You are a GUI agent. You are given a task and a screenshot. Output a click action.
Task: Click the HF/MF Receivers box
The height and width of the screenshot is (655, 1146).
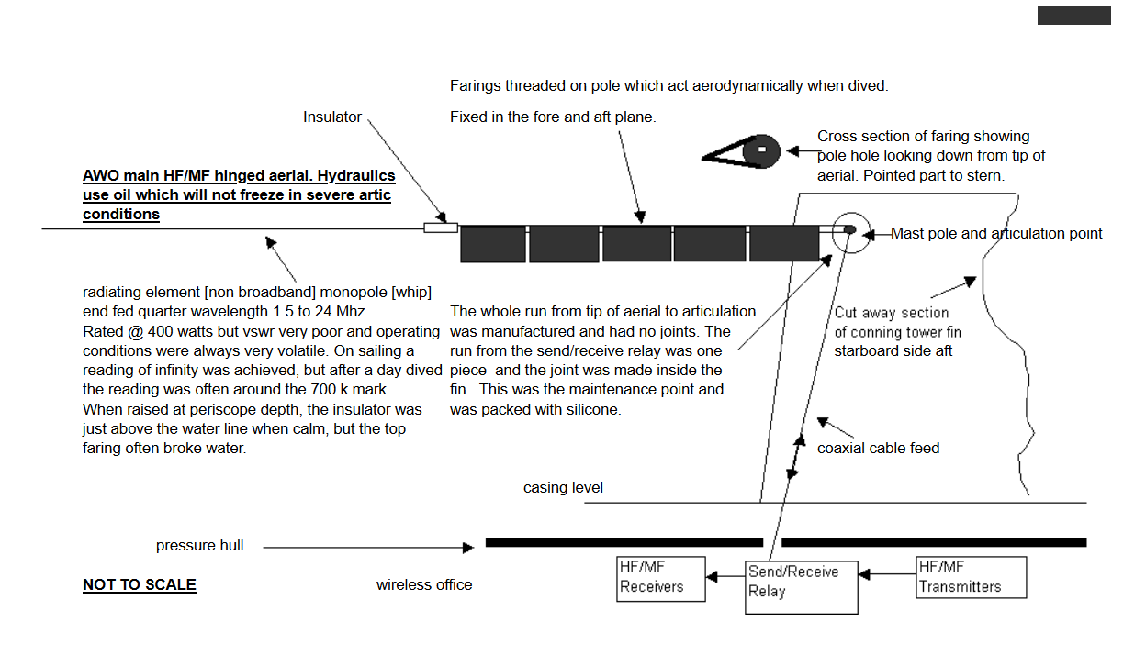(x=661, y=578)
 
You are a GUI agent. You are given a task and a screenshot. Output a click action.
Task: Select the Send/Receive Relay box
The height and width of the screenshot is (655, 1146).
(x=802, y=587)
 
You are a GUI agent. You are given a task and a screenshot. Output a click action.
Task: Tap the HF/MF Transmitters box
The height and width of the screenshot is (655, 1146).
(x=971, y=577)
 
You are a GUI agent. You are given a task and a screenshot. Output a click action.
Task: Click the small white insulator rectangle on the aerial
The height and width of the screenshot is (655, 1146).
(x=441, y=227)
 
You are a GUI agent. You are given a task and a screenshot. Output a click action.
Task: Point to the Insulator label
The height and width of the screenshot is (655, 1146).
(x=332, y=117)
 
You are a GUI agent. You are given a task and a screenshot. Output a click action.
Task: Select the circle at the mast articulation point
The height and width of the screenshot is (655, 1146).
(x=849, y=229)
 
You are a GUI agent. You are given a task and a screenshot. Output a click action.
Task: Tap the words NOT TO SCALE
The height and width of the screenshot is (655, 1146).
(x=140, y=585)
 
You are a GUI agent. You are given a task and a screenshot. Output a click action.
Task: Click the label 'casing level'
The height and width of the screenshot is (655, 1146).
(x=563, y=488)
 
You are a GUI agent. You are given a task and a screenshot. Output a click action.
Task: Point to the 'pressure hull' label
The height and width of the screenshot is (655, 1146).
(x=199, y=546)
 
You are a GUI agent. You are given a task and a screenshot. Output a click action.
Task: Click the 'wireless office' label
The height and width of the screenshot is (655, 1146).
(x=424, y=584)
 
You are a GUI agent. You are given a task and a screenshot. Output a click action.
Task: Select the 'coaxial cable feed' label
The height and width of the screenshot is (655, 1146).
(x=878, y=448)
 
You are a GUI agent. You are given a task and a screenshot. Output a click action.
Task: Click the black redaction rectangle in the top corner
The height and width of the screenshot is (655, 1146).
(x=1073, y=15)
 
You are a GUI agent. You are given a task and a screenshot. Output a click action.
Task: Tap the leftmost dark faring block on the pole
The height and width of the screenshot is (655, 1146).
(x=492, y=244)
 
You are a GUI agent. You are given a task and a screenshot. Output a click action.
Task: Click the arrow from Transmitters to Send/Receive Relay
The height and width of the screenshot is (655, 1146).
(x=887, y=575)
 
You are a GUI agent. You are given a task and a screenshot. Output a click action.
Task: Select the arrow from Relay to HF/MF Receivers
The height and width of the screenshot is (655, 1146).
(x=725, y=576)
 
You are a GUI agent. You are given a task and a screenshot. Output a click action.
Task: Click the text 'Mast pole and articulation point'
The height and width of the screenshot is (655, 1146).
(x=996, y=234)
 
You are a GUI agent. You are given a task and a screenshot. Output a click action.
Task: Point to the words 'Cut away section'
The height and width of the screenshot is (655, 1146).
(x=891, y=313)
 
